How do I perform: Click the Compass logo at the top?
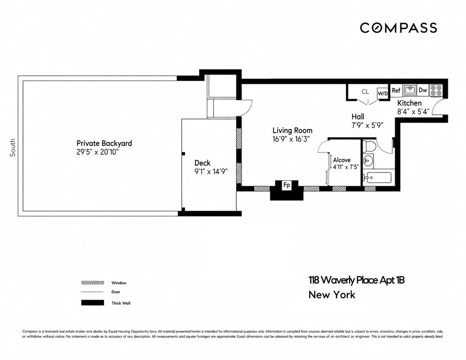398,28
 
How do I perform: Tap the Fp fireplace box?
286,185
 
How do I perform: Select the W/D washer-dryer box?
383,93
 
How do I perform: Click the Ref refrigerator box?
396,90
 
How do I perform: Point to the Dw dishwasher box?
422,90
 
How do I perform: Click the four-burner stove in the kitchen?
436,90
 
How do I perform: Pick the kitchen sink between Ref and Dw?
410,90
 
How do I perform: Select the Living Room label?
293,130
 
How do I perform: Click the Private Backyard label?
104,143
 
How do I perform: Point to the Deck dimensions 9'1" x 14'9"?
211,172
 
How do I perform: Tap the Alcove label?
342,160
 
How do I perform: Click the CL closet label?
365,92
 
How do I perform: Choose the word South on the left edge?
13,148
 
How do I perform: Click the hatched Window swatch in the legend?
93,283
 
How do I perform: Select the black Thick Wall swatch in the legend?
93,303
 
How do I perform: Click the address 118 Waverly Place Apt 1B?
356,280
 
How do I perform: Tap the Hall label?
358,116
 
